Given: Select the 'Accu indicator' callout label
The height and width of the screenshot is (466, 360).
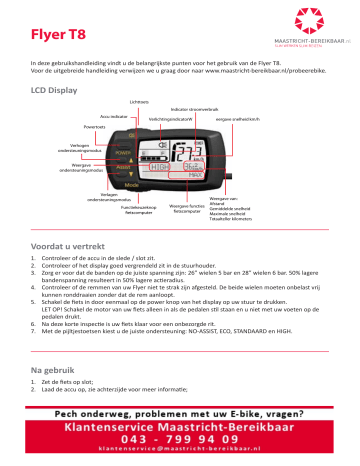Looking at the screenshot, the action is point(114,117).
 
